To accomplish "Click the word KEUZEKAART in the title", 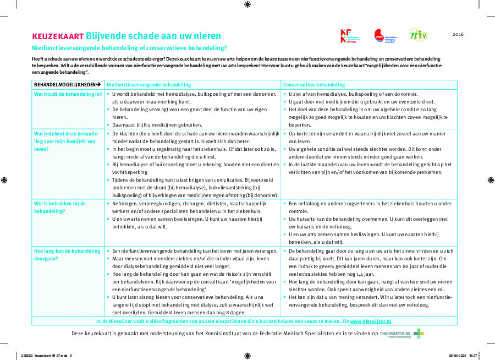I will tap(58, 36).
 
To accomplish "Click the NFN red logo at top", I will tap(345, 36).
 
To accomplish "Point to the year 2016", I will tap(458, 34).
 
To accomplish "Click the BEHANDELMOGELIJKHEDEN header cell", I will tap(65, 85).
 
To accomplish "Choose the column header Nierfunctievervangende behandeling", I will tap(148, 85).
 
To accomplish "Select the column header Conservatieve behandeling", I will tap(314, 85).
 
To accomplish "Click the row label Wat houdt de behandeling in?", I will tap(68, 94).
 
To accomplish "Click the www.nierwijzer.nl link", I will tap(370, 321).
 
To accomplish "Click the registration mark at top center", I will tap(247, 4).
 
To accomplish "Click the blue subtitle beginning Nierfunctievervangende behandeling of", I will tap(129, 48).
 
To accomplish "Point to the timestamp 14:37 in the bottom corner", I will tap(473, 355).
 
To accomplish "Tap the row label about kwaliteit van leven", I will tap(65, 141).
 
